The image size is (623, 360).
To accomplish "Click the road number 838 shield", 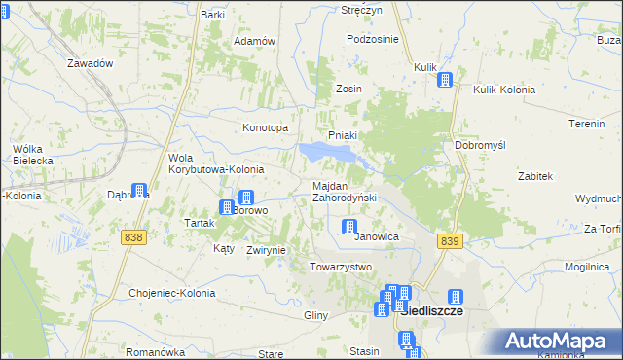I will coord(134,236).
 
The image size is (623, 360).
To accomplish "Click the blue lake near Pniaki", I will coord(326,153).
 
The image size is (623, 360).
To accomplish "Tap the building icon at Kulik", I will coord(445,81).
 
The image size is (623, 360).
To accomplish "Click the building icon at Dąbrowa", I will coord(139,192).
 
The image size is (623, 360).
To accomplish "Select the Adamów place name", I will coord(255,42).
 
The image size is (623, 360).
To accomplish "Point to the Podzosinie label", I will coord(373,39).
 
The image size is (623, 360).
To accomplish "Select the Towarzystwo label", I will coord(341,267).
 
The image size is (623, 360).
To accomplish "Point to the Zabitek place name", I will coord(535,176).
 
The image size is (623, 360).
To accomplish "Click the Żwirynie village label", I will coord(266,250).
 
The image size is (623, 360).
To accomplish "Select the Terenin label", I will coord(587,125).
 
